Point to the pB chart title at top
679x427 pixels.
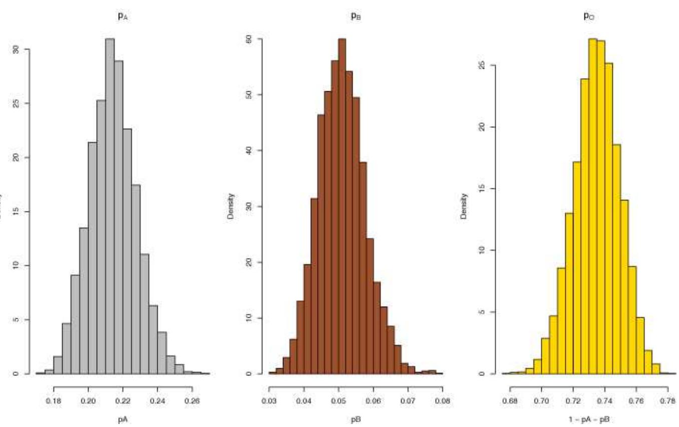tap(356, 17)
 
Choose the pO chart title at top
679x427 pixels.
tap(589, 17)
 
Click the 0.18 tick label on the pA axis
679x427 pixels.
tap(54, 400)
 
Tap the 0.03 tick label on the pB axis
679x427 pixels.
tap(269, 400)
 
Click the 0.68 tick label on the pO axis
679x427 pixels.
tap(510, 400)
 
